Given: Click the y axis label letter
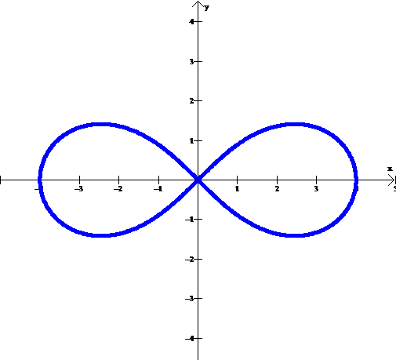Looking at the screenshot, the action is pos(207,8).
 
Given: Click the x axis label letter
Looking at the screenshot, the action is pos(390,169).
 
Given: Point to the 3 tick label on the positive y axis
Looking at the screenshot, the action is pos(192,62).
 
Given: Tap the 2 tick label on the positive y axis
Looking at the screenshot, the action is pos(192,101).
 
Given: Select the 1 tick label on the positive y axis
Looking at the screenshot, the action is pos(192,141).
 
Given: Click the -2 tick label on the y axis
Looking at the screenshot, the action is pos(190,260).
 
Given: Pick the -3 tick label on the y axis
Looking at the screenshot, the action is pos(190,299).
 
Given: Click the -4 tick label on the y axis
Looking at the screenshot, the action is pos(190,339).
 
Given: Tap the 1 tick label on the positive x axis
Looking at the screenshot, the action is pos(237,189).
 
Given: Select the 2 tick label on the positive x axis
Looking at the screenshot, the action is pos(277,189).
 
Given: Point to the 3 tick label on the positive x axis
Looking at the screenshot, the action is pos(316,189).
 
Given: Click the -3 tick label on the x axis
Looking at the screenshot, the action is pos(78,189).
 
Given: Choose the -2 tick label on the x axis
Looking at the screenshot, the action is pos(118,189).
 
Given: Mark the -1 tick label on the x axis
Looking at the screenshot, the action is pos(158,189).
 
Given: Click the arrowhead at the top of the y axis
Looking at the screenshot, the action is pos(198,3).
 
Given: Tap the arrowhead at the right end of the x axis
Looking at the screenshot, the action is pos(391,180).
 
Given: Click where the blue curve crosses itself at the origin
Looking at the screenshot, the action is pos(198,180).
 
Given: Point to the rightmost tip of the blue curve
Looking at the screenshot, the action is pos(356,180).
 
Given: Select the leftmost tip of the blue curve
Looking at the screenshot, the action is pos(40,180).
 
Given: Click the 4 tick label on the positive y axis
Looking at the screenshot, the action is pos(192,21).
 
